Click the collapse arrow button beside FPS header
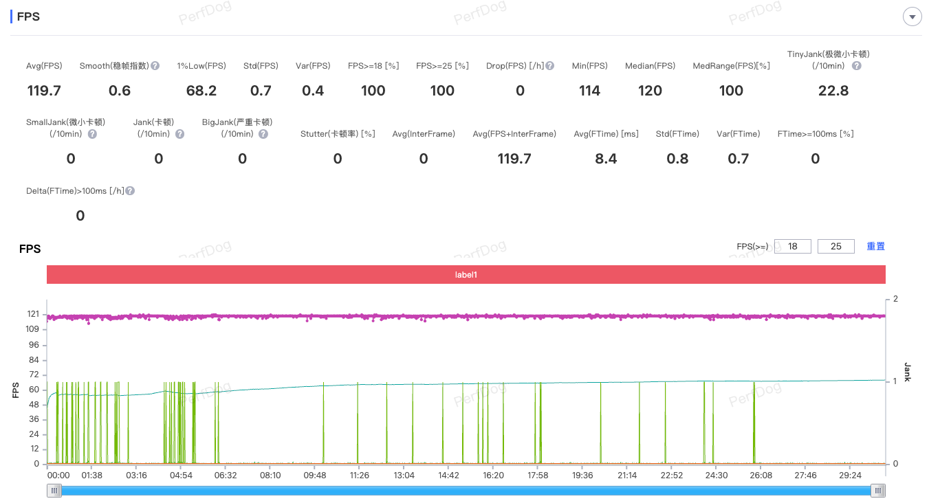click(912, 17)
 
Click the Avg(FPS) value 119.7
click(44, 91)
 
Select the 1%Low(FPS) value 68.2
click(201, 91)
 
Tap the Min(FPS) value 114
click(589, 91)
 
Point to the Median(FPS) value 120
click(650, 91)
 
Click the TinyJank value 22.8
click(833, 91)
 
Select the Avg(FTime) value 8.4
click(606, 159)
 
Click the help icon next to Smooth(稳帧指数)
click(155, 66)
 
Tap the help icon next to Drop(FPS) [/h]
click(550, 66)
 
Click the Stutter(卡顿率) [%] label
click(338, 134)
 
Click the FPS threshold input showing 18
click(792, 246)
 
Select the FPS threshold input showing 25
click(835, 246)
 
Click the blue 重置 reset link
click(875, 246)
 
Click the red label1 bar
click(466, 275)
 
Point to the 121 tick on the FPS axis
click(33, 314)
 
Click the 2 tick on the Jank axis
click(895, 299)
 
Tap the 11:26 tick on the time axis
click(359, 475)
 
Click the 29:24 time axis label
click(850, 475)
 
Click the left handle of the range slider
click(54, 490)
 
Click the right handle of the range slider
click(878, 490)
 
